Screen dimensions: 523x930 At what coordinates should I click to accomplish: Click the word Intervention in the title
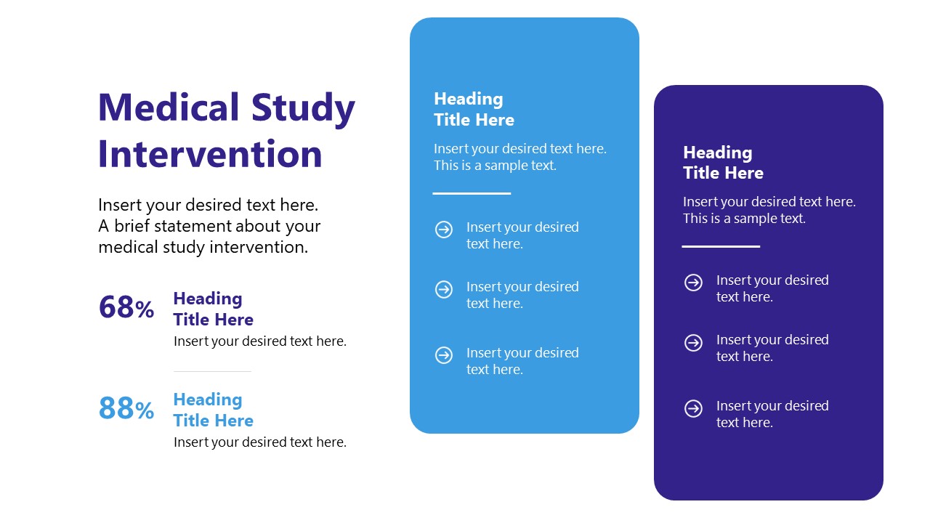pos(210,154)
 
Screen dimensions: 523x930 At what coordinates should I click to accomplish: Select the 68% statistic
pos(126,307)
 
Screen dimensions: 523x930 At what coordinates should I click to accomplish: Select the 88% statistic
pos(126,408)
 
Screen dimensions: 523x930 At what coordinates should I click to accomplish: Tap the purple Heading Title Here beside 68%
pos(213,309)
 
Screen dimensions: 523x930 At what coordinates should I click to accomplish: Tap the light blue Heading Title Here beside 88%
pos(213,410)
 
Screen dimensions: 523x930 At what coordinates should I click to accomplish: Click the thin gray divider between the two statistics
pos(212,371)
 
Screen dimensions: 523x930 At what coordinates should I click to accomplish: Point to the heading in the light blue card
pos(474,109)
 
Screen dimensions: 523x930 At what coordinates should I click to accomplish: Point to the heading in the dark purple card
pos(723,163)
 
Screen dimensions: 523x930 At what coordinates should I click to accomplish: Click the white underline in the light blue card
pos(472,193)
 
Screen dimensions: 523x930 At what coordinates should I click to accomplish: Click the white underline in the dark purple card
pos(721,246)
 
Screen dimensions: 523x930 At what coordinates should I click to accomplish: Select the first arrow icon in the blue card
pos(444,230)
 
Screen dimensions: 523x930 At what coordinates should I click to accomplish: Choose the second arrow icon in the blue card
pos(444,289)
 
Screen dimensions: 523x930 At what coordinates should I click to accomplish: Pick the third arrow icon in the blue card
pos(444,355)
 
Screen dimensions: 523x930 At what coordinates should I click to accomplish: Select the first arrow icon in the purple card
pos(694,283)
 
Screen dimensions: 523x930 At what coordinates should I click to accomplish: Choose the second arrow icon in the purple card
pos(694,342)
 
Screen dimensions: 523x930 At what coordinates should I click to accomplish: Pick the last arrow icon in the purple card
pos(694,408)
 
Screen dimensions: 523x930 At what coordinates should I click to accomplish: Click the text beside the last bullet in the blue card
pos(522,361)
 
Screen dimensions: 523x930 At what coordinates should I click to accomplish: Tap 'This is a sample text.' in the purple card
pos(744,219)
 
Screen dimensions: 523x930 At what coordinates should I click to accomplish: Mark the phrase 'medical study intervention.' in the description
pos(203,247)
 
